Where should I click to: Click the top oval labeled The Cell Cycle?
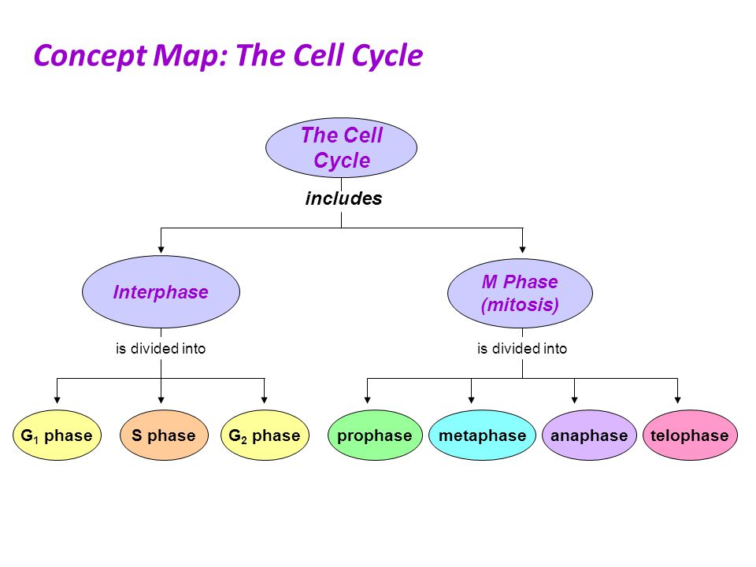pyautogui.click(x=341, y=147)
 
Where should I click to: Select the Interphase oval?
pyautogui.click(x=161, y=291)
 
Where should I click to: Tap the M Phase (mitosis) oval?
pyautogui.click(x=521, y=293)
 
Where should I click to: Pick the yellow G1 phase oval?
pyautogui.click(x=57, y=435)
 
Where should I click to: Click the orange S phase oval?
pyautogui.click(x=164, y=435)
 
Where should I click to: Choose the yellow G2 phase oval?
pyautogui.click(x=265, y=435)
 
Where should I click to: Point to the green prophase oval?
pyautogui.click(x=375, y=435)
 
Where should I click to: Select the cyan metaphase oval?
pyautogui.click(x=482, y=435)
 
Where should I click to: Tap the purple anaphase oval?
pyautogui.click(x=589, y=435)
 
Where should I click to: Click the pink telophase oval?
pyautogui.click(x=690, y=435)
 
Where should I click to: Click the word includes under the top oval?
pyautogui.click(x=344, y=198)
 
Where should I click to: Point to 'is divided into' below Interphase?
pyautogui.click(x=161, y=348)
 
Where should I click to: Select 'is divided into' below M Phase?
pyautogui.click(x=522, y=348)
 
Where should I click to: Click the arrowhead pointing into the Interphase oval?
pyautogui.click(x=161, y=250)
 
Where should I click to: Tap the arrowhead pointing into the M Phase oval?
pyautogui.click(x=522, y=250)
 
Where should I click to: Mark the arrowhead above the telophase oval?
pyautogui.click(x=677, y=400)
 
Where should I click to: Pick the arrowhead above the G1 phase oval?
pyautogui.click(x=57, y=400)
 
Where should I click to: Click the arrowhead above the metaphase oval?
pyautogui.click(x=471, y=400)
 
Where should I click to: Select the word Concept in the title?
pyautogui.click(x=90, y=56)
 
